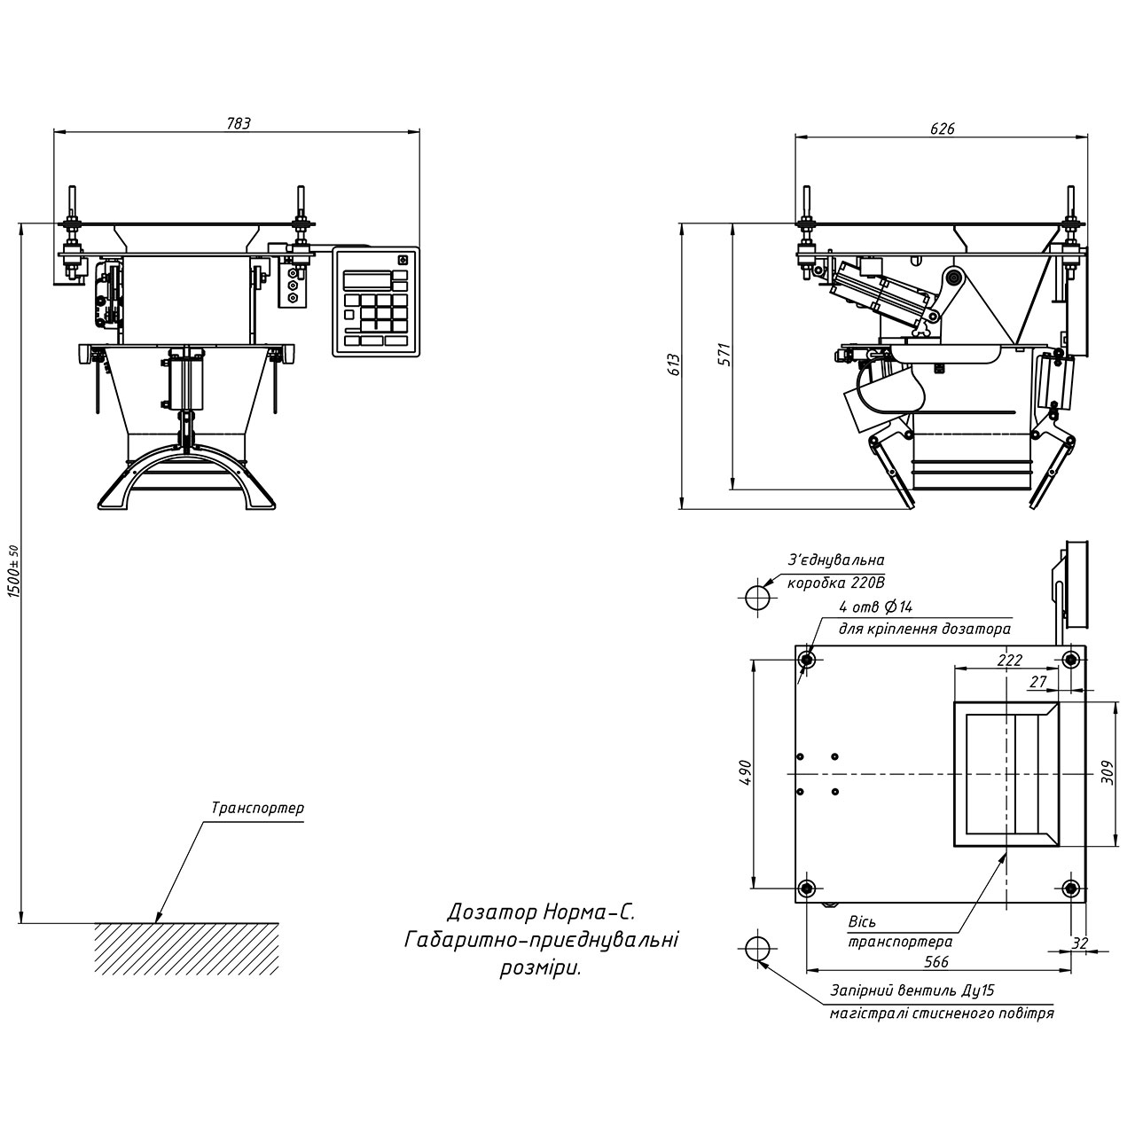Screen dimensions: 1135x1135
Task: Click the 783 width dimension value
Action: click(239, 124)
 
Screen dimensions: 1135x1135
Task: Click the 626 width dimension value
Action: click(943, 129)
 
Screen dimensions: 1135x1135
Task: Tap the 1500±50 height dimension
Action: click(12, 572)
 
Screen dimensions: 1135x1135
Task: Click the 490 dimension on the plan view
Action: click(746, 773)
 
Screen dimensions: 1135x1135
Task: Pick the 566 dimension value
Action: click(936, 961)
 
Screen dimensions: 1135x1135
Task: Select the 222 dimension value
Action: click(1009, 661)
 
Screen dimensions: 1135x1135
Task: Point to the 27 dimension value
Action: click(1039, 681)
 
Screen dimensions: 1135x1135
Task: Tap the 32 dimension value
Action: click(1079, 943)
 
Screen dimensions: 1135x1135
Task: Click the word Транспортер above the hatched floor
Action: click(257, 809)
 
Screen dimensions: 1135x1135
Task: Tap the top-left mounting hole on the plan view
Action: click(807, 659)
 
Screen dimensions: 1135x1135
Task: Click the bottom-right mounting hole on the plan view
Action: click(1071, 888)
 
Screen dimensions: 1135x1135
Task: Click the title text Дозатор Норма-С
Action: click(542, 912)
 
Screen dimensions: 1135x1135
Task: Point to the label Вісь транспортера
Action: click(900, 932)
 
